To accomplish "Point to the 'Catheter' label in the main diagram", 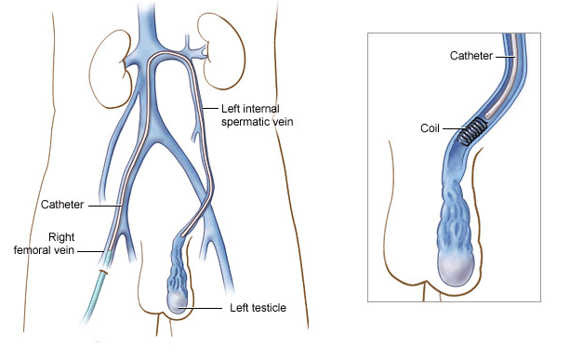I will (62, 203).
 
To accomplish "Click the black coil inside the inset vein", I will (477, 129).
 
